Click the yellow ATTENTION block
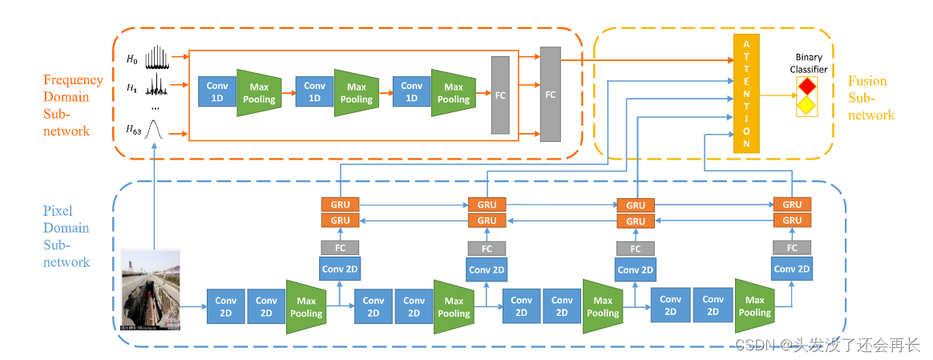tap(746, 93)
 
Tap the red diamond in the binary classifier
tap(806, 87)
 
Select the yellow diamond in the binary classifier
tap(806, 106)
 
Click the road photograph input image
tap(151, 289)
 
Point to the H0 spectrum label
tap(131, 59)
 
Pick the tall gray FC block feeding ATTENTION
tap(551, 94)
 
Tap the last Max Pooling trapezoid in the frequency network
tap(453, 92)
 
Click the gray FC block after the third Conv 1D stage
tap(500, 95)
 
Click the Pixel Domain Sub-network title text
tap(66, 237)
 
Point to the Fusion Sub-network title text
tap(871, 98)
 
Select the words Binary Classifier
tap(808, 63)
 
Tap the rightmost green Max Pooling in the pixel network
tap(754, 305)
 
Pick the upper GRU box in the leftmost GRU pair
tap(341, 204)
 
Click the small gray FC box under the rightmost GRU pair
tap(792, 248)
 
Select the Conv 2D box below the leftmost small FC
tap(340, 269)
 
